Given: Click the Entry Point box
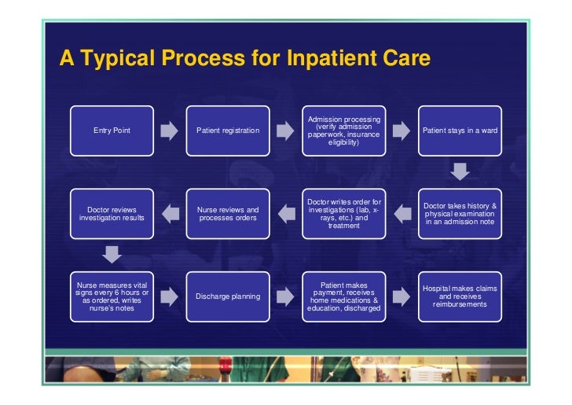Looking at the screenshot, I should click(x=112, y=130).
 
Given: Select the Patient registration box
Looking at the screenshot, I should click(x=228, y=130).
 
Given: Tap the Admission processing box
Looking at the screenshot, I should click(x=344, y=130).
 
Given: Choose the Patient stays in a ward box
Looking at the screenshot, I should click(x=460, y=130).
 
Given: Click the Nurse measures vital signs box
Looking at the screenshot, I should click(x=112, y=296).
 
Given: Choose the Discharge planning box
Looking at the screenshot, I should click(x=228, y=296).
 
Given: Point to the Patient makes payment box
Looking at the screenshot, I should click(x=344, y=296).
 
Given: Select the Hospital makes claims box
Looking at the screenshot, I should click(x=460, y=296).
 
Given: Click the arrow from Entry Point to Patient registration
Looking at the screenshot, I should click(x=170, y=130).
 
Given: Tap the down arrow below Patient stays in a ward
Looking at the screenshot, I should click(x=460, y=171).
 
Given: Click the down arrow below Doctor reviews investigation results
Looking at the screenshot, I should click(x=112, y=254).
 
